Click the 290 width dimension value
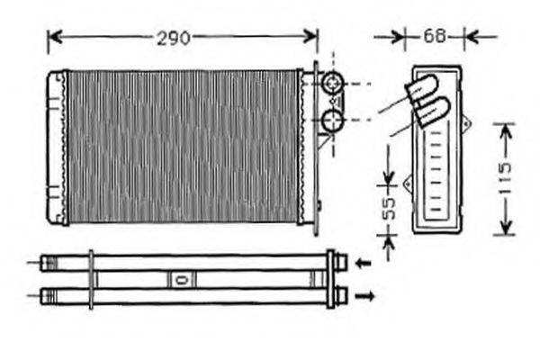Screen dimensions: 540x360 click(173, 38)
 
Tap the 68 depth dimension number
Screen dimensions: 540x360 click(435, 36)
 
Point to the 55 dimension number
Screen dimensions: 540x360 click(390, 208)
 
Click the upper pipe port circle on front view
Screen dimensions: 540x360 click(333, 83)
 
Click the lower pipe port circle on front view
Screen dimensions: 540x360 click(333, 121)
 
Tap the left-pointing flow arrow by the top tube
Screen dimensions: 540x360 click(363, 263)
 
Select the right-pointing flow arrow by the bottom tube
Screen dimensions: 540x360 click(364, 296)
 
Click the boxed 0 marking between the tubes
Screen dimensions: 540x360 click(182, 279)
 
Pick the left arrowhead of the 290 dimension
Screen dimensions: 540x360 click(55, 37)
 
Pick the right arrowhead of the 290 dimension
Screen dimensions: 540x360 click(310, 36)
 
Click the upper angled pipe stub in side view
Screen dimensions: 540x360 click(422, 89)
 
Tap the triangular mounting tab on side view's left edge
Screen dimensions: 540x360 click(408, 184)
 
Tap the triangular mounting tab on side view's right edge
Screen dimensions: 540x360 click(466, 123)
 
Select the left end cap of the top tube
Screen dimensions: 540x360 click(49, 263)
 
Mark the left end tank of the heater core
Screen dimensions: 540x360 click(57, 148)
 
